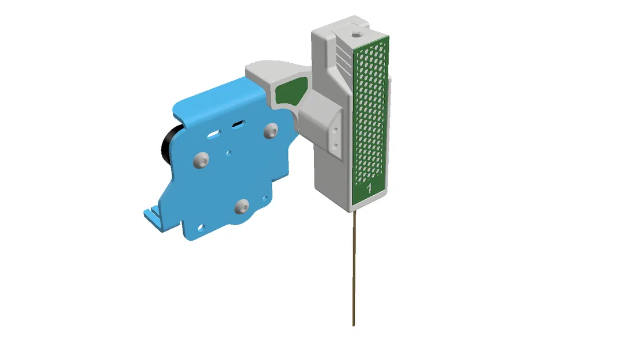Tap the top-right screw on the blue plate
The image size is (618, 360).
tap(271, 131)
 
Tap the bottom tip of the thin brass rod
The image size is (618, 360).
tap(354, 325)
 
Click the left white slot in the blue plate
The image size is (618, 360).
tap(215, 134)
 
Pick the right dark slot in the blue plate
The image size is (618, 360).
tap(237, 123)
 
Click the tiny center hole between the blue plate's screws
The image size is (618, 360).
tap(229, 153)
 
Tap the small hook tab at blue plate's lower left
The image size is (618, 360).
tap(151, 216)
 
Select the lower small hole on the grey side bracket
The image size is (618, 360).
tap(335, 142)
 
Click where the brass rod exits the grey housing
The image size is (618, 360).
tap(353, 211)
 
